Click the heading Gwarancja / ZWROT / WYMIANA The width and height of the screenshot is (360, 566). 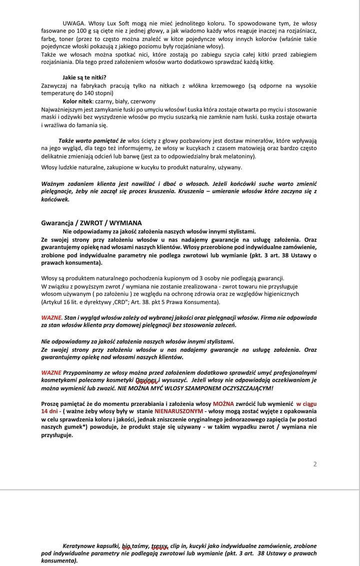pyautogui.click(x=91, y=223)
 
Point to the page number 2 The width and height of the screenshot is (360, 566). pyautogui.click(x=315, y=464)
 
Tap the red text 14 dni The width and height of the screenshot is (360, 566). pyautogui.click(x=50, y=411)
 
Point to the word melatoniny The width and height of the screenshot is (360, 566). pyautogui.click(x=238, y=157)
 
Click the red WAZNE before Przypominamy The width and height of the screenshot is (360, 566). pyautogui.click(x=51, y=372)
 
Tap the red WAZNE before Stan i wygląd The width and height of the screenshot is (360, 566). pyautogui.click(x=51, y=317)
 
